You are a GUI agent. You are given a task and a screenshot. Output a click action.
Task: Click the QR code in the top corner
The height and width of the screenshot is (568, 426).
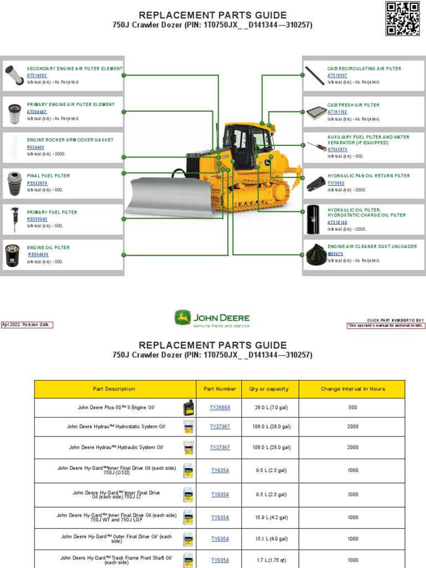402,18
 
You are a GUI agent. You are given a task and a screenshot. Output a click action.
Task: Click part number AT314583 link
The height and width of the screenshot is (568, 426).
37,75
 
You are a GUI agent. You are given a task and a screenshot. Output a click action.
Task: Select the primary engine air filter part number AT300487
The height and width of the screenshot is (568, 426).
37,111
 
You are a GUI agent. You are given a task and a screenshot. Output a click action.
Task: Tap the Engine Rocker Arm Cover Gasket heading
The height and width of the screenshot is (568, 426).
70,140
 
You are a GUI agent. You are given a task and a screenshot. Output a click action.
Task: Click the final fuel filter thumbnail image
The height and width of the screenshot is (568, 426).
13,184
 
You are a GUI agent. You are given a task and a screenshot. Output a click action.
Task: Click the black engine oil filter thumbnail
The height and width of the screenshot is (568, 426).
12,255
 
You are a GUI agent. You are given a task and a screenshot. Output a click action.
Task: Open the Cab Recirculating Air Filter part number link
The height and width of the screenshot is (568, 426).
337,75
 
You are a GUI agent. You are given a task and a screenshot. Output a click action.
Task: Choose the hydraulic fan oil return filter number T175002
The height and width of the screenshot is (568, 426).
336,183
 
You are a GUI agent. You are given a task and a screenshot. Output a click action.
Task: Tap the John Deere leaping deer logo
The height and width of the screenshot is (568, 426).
182,318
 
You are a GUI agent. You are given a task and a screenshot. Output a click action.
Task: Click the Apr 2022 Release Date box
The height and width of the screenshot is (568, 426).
27,325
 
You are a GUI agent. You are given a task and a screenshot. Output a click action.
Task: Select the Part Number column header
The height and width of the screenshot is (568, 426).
220,389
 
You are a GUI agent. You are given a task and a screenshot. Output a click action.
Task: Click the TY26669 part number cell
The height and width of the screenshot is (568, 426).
220,408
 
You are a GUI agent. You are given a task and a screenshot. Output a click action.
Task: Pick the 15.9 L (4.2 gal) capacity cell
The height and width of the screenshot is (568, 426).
270,518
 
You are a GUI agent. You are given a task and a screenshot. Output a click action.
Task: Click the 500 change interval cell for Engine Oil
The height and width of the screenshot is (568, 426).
352,408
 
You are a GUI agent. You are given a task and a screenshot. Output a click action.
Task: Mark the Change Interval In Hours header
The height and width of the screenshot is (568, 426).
352,389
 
